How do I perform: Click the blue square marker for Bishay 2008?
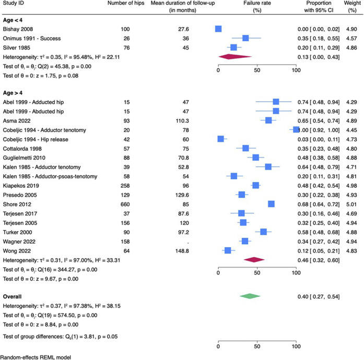(x=218, y=29)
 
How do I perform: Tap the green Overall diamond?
(x=250, y=295)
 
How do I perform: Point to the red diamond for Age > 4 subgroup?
(x=254, y=259)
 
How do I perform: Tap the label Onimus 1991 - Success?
(x=31, y=38)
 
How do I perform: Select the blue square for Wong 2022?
(x=227, y=251)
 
